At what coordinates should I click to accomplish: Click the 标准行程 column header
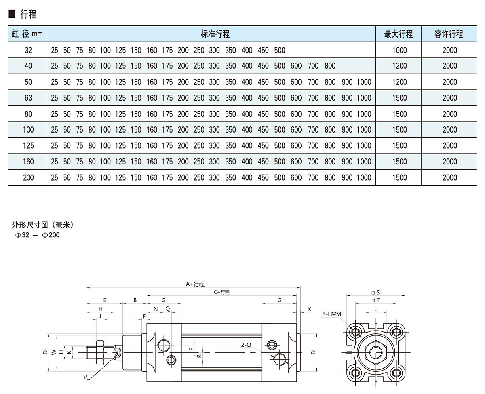pyautogui.click(x=215, y=34)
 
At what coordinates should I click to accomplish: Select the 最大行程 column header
pyautogui.click(x=399, y=34)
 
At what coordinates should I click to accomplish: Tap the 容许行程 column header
pyautogui.click(x=449, y=34)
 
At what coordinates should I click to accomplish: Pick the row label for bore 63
pyautogui.click(x=28, y=98)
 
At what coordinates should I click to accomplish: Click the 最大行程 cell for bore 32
pyautogui.click(x=399, y=51)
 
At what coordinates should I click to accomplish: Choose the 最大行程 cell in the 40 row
pyautogui.click(x=399, y=66)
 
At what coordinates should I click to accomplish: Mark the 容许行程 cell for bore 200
pyautogui.click(x=449, y=178)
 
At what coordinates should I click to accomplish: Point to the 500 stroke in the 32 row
pyautogui.click(x=280, y=51)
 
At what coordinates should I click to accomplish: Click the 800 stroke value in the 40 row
pyautogui.click(x=330, y=66)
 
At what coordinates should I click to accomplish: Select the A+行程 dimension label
pyautogui.click(x=195, y=284)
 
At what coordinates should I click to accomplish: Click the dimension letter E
pyautogui.click(x=105, y=300)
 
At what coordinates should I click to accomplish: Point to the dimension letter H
pyautogui.click(x=101, y=309)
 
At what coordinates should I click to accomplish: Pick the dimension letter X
pyautogui.click(x=309, y=309)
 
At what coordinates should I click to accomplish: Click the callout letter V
pyautogui.click(x=86, y=377)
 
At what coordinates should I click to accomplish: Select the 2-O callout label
pyautogui.click(x=246, y=345)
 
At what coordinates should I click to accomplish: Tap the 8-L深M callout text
pyautogui.click(x=332, y=314)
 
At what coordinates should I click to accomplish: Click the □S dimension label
pyautogui.click(x=375, y=292)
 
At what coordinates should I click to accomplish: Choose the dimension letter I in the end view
pyautogui.click(x=376, y=309)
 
